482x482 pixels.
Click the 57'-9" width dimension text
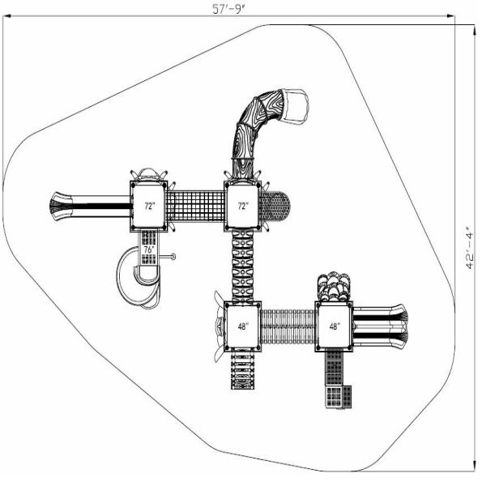tap(229, 9)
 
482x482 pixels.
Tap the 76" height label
tap(149, 250)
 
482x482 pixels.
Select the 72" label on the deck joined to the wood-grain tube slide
tap(243, 206)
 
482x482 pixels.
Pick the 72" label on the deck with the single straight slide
tap(149, 206)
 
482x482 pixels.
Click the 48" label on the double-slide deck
tap(334, 326)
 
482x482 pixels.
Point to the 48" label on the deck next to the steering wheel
tap(243, 326)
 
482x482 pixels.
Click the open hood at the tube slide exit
tap(295, 105)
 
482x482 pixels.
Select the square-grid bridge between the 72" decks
tap(196, 206)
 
